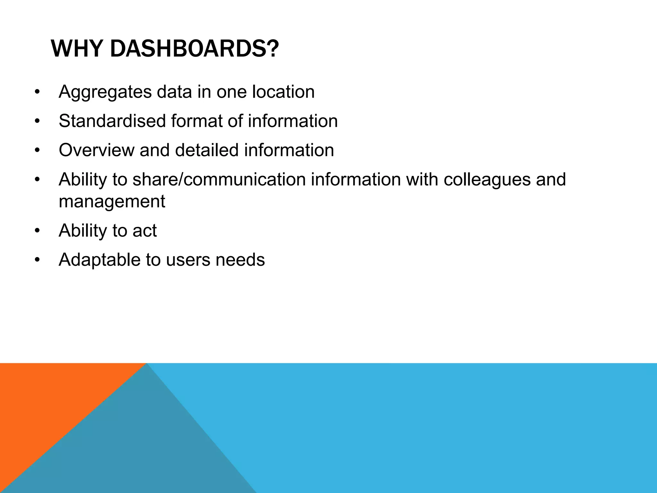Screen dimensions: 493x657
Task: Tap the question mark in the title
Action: [273, 49]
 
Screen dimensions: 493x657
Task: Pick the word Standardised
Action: [112, 121]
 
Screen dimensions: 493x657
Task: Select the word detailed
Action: [207, 150]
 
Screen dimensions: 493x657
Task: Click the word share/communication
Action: [219, 179]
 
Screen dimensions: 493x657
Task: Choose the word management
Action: [112, 202]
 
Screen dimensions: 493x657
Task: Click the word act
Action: [144, 231]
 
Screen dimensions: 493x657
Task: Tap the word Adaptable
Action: [99, 260]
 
